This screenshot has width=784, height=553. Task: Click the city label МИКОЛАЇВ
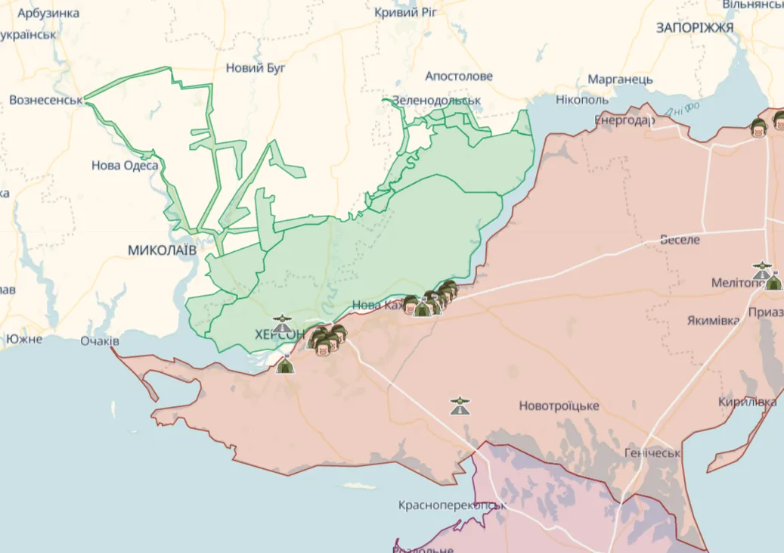click(163, 250)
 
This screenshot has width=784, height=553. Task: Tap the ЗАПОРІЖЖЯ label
click(695, 28)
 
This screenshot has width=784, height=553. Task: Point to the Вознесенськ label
click(45, 100)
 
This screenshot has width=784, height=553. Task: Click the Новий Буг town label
click(256, 68)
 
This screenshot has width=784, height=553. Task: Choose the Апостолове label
click(459, 76)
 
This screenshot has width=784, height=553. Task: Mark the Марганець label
click(620, 79)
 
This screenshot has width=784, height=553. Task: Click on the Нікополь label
click(582, 100)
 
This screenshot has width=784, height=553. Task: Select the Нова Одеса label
click(125, 165)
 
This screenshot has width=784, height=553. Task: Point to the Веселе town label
click(680, 240)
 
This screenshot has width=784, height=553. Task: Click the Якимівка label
click(713, 320)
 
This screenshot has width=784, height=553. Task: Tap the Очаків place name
click(100, 341)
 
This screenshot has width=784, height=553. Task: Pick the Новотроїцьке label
click(559, 406)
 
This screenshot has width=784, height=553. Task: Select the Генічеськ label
click(652, 453)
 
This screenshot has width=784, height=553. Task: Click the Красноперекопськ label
click(451, 505)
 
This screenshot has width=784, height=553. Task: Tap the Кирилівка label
click(748, 402)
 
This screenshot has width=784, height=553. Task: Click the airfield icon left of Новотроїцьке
click(459, 406)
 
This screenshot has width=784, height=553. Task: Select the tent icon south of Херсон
click(285, 365)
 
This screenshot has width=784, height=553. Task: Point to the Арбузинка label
click(48, 14)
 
